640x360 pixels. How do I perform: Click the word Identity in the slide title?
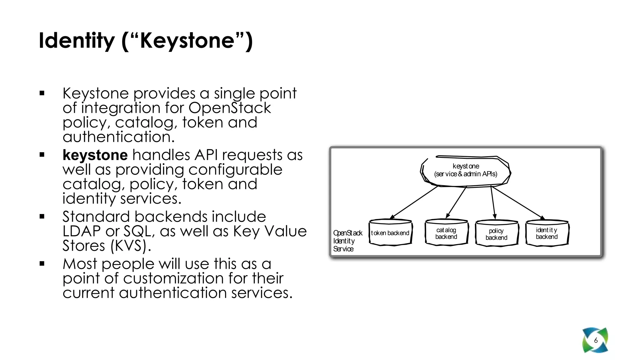[77, 41]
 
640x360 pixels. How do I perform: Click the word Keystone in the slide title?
[187, 41]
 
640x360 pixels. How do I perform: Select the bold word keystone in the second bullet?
[95, 155]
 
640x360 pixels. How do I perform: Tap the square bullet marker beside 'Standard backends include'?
[42, 216]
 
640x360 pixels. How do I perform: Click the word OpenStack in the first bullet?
[230, 108]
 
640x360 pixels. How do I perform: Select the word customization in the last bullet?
[173, 278]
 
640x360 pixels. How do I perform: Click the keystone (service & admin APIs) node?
[465, 170]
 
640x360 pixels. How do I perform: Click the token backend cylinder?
[390, 233]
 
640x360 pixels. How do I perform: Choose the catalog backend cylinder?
[446, 233]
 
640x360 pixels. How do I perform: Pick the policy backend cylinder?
[496, 234]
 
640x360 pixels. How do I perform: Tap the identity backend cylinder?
[547, 233]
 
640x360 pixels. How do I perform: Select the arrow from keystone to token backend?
[414, 202]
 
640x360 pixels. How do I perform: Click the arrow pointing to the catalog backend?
[456, 202]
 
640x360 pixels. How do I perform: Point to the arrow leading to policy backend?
[493, 202]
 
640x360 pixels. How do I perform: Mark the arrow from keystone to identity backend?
[517, 202]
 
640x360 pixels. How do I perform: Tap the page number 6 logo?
[595, 340]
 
